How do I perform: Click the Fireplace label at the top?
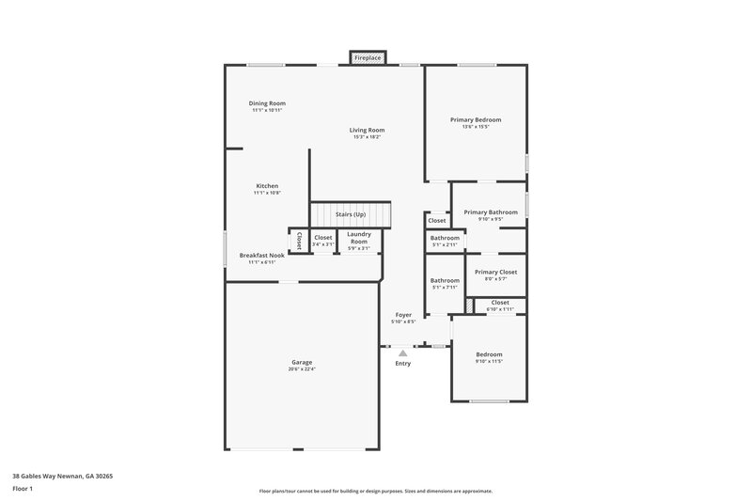[x=368, y=58]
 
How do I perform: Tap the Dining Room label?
[x=267, y=103]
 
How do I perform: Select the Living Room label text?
[x=368, y=130]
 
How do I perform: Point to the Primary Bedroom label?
[x=476, y=119]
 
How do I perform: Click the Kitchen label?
[x=267, y=186]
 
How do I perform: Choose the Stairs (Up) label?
[x=351, y=214]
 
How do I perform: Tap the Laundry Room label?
[x=359, y=237]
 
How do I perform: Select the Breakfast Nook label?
[x=262, y=255]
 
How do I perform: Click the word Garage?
[x=302, y=362]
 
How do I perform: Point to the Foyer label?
[x=402, y=315]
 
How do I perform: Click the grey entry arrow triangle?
[x=402, y=352]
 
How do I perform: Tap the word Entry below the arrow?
[x=402, y=363]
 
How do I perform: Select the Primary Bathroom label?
[x=491, y=212]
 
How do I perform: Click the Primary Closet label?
[x=496, y=272]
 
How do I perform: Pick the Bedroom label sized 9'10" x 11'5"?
[x=489, y=354]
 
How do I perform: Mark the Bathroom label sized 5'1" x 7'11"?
[x=445, y=280]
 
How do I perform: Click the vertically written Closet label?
[x=300, y=241]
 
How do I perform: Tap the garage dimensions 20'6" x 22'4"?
[x=302, y=369]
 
